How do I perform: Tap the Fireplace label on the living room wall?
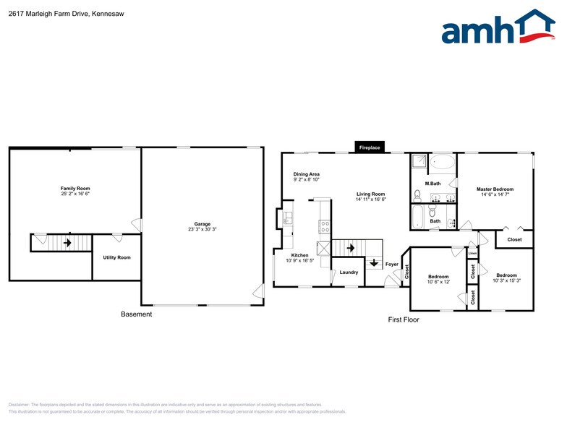click(x=370, y=147)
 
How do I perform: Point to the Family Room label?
click(x=75, y=188)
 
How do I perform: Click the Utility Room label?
click(x=116, y=257)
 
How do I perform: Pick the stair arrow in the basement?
click(x=68, y=243)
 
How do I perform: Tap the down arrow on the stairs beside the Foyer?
click(x=374, y=263)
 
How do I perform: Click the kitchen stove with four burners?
click(x=325, y=226)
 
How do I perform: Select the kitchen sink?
click(x=287, y=216)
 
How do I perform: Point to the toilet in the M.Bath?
click(x=417, y=195)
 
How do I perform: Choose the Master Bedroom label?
click(x=495, y=189)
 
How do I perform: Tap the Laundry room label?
click(x=349, y=272)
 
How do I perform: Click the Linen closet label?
click(x=472, y=253)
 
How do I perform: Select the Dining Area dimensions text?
click(x=307, y=179)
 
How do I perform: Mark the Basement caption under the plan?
click(x=136, y=314)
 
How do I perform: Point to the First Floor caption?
click(x=404, y=319)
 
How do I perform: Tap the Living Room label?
click(x=370, y=194)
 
